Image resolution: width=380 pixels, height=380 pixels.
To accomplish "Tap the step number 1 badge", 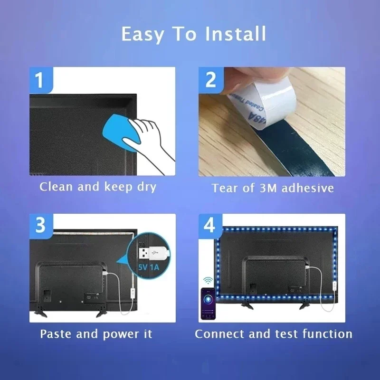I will click(39, 79).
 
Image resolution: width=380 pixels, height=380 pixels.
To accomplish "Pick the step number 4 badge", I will click(209, 225).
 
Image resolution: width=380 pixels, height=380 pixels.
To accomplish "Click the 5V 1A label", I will click(150, 266).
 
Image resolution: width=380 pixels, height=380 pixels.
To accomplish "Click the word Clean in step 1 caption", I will click(57, 187).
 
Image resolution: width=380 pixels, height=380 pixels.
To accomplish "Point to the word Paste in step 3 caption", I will click(56, 333).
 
